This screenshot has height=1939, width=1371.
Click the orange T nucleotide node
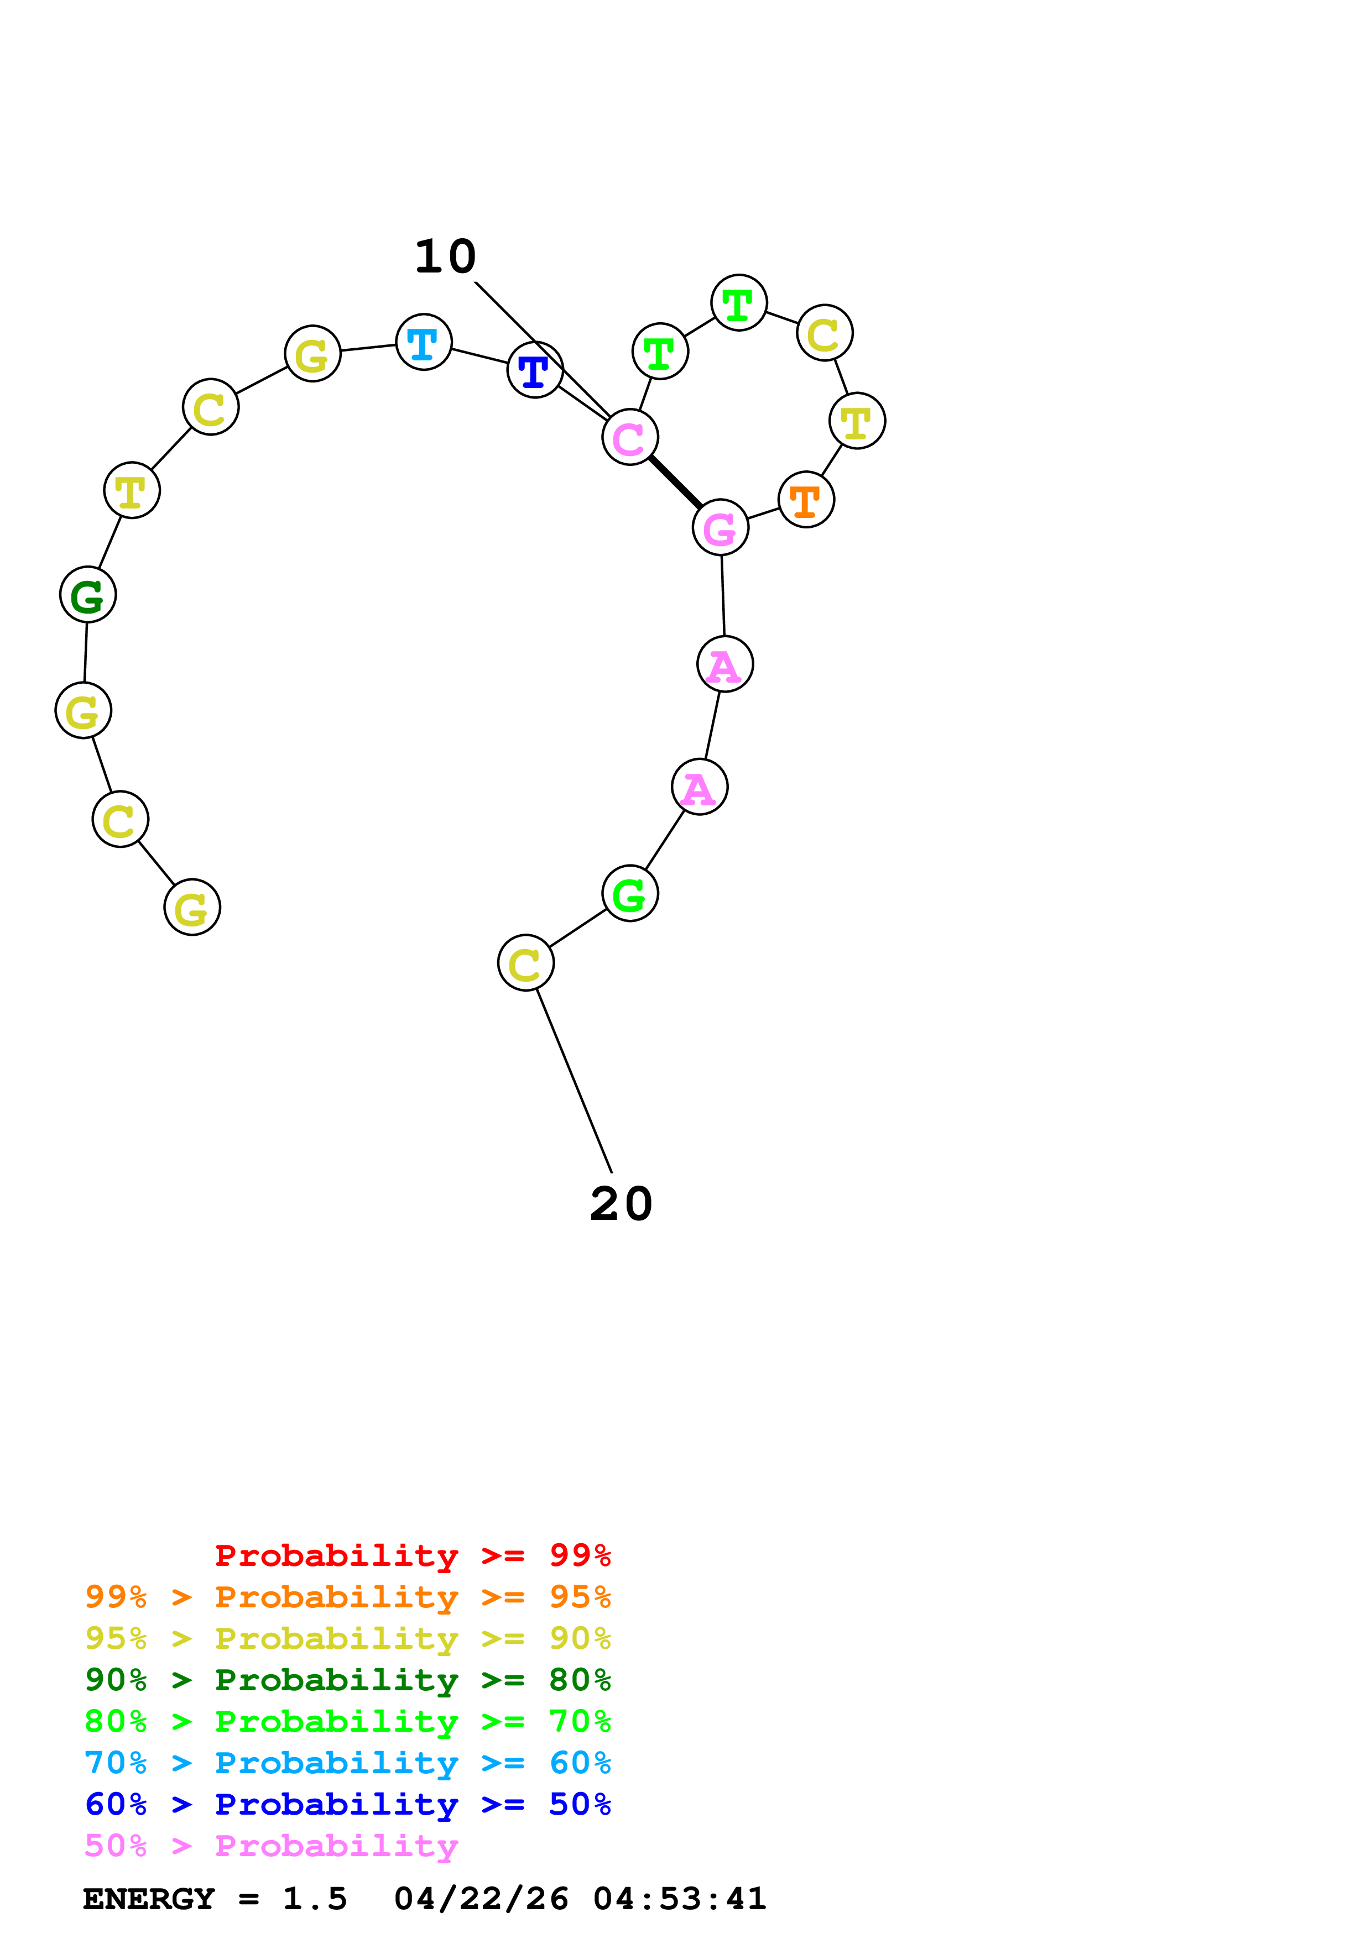(x=806, y=500)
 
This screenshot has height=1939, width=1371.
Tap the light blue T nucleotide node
(x=423, y=342)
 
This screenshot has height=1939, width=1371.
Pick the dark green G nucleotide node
(x=88, y=595)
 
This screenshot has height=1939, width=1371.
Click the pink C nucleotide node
(x=629, y=437)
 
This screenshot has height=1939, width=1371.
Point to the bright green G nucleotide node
(x=629, y=893)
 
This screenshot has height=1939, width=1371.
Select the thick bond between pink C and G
(x=675, y=482)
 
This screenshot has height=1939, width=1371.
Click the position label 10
(x=445, y=256)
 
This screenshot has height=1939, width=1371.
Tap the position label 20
(x=621, y=1203)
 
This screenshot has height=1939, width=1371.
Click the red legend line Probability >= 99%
(x=412, y=1555)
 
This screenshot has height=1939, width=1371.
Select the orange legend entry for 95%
(x=347, y=1597)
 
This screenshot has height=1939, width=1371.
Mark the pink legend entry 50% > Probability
(x=271, y=1845)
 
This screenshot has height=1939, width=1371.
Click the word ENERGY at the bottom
(x=149, y=1899)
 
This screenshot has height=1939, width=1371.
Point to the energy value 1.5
(x=314, y=1899)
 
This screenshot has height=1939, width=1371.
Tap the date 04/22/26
(x=481, y=1899)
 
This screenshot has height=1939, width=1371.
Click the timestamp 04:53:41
(x=679, y=1899)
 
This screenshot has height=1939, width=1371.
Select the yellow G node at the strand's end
(x=192, y=907)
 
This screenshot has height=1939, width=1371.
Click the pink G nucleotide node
(x=720, y=528)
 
